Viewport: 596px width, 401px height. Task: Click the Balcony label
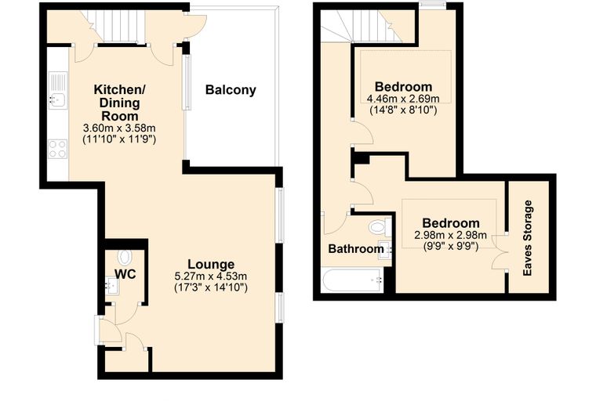point(231,90)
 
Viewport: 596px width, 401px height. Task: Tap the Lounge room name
point(211,265)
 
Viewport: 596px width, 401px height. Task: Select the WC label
point(125,274)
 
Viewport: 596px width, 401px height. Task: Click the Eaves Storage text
point(528,238)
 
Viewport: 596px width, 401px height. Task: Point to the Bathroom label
point(356,249)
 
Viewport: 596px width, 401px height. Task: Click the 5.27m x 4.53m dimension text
point(211,276)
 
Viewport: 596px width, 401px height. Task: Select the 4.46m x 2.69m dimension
point(403,99)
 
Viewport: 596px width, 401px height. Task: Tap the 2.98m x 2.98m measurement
point(450,236)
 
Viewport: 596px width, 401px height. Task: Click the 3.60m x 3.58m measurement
point(119,128)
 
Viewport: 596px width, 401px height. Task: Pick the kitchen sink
point(58,90)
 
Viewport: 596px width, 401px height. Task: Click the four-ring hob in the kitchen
point(58,149)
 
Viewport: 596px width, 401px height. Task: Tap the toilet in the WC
point(125,257)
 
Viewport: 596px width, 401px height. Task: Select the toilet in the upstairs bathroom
point(380,227)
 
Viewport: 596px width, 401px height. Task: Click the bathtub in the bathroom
point(353,280)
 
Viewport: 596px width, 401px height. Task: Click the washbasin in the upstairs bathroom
point(385,250)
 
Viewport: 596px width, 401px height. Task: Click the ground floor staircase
point(114,27)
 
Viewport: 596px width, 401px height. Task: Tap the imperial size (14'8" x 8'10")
point(403,110)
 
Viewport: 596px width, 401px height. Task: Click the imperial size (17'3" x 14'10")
point(211,287)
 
